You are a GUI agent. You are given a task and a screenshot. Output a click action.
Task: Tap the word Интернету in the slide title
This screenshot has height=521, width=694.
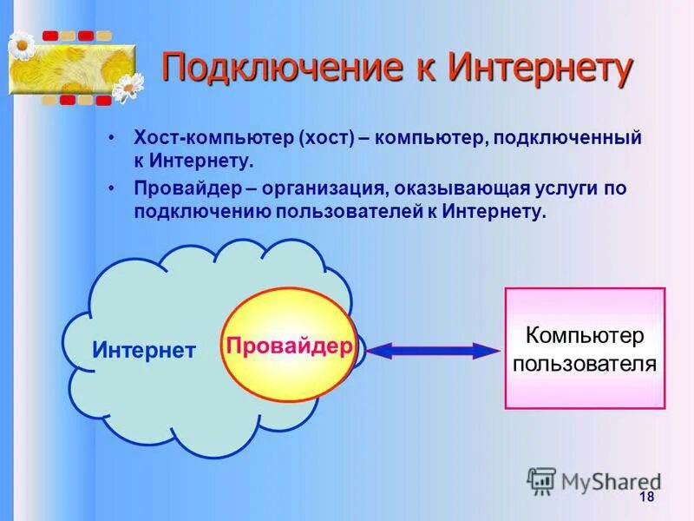(x=540, y=69)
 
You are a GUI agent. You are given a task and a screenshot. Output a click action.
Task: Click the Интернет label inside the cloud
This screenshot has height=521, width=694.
(x=144, y=351)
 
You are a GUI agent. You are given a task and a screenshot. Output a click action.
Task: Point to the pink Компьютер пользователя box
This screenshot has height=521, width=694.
(x=585, y=348)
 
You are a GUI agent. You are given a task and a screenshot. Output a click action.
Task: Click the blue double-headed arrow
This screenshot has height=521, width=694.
(x=432, y=350)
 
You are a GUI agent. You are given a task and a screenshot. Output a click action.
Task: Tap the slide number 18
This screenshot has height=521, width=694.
(x=645, y=497)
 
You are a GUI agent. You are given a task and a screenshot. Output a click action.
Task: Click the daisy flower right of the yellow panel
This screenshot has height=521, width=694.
(x=128, y=86)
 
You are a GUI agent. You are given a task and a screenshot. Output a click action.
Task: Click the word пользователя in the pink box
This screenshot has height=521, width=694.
(x=585, y=363)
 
